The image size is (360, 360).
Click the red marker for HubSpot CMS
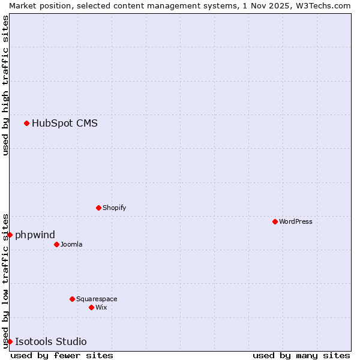coord(26,123)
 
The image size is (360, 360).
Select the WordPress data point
coord(275,221)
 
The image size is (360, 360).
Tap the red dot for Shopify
coord(98,208)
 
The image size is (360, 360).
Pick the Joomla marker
coord(56,244)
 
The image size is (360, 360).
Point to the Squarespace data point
coord(72,299)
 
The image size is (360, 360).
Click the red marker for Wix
coord(91,307)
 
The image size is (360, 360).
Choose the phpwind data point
coord(10,235)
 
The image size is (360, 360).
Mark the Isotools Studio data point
coord(10,341)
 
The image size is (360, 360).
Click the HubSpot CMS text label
coord(64,124)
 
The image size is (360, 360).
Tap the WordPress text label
coord(295,221)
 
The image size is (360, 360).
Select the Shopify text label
coord(114,208)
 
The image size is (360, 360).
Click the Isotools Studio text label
coord(50,342)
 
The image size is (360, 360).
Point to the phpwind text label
coord(35,235)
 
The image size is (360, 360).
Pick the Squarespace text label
coord(97,299)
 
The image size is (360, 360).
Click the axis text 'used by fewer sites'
coord(62,355)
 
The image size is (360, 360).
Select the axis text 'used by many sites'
coord(301,355)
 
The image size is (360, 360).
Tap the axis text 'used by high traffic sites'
coord(5,85)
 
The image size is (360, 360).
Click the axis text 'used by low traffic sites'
coord(5,280)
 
